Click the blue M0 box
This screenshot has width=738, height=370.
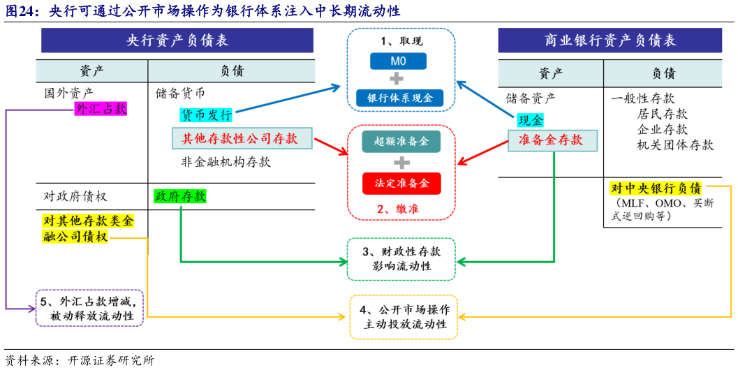[x=397, y=61]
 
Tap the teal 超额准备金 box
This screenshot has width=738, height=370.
[x=401, y=142]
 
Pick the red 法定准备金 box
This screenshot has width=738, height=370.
[x=401, y=183]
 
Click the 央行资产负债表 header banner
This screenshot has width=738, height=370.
[x=177, y=40]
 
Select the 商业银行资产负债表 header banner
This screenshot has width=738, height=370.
[x=610, y=40]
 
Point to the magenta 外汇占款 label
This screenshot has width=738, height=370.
[x=101, y=110]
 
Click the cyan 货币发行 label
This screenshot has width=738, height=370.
[x=207, y=114]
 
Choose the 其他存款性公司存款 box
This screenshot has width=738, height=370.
[x=240, y=138]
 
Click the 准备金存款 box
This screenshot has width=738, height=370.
[x=554, y=140]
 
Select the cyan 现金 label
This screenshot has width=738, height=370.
[x=530, y=121]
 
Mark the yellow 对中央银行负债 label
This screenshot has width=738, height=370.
[x=656, y=188]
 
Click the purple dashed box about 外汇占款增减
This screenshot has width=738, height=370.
[x=90, y=309]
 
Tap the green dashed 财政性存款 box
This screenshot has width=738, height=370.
[x=401, y=258]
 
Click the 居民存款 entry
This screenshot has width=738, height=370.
[x=662, y=114]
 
